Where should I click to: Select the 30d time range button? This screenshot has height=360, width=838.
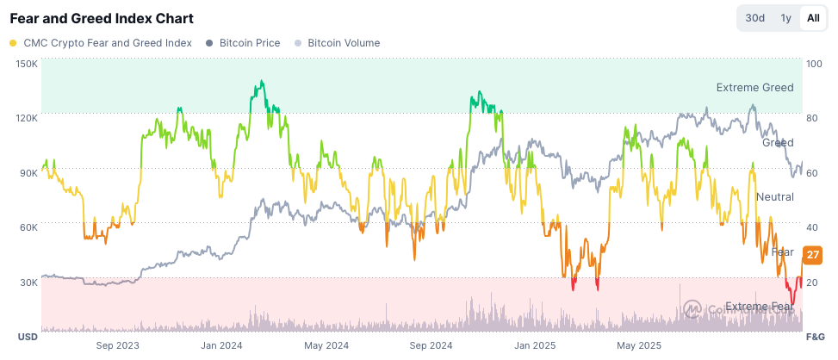[x=754, y=18]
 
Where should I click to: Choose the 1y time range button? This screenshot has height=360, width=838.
[x=785, y=18]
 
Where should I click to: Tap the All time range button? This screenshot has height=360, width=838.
[x=812, y=18]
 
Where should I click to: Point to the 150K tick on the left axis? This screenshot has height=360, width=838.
[x=27, y=64]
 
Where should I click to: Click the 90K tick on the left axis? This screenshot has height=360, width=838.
[x=29, y=172]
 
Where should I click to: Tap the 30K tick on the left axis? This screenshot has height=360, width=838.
[x=29, y=282]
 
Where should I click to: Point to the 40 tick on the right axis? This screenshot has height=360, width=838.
[x=812, y=227]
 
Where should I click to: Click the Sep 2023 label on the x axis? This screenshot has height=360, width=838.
[x=117, y=345]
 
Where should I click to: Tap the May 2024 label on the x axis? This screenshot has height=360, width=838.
[x=326, y=345]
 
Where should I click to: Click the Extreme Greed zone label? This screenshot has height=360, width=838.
[x=754, y=87]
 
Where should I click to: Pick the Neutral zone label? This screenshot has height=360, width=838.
[x=774, y=197]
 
